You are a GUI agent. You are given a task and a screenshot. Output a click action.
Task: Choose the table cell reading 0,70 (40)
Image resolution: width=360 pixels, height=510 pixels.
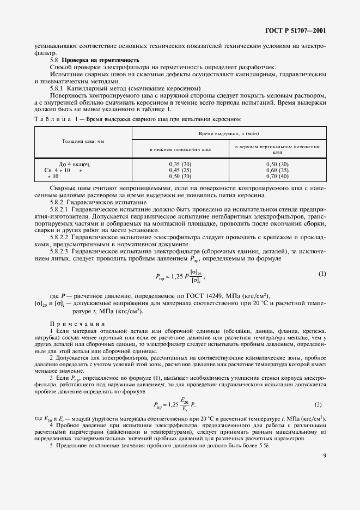277,176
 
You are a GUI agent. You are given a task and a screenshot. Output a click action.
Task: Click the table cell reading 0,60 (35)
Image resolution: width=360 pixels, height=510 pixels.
277,170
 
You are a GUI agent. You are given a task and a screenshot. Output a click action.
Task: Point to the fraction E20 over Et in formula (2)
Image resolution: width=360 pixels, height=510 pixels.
182,404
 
